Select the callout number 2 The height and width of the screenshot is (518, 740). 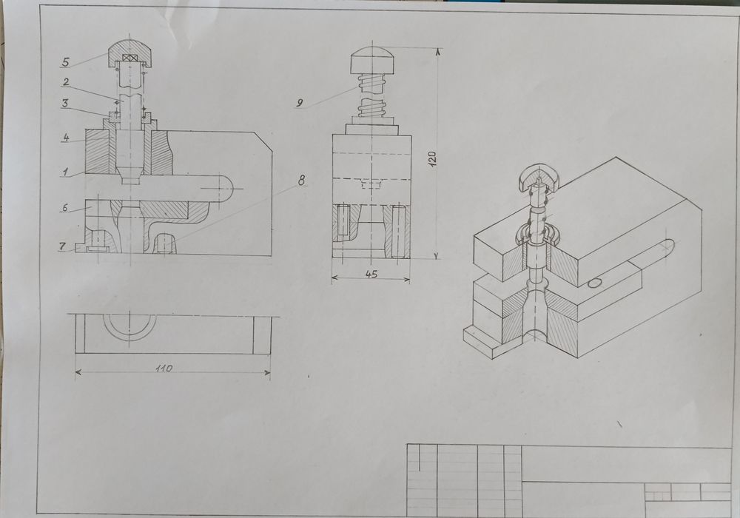66,82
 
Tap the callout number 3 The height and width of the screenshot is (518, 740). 65,104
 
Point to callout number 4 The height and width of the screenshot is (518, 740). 66,138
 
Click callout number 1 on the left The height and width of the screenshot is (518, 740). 65,172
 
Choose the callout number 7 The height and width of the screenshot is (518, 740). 63,245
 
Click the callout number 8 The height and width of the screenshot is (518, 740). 302,178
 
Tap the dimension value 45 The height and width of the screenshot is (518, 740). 371,274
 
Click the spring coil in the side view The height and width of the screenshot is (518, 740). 372,96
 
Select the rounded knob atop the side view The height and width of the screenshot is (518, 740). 371,60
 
